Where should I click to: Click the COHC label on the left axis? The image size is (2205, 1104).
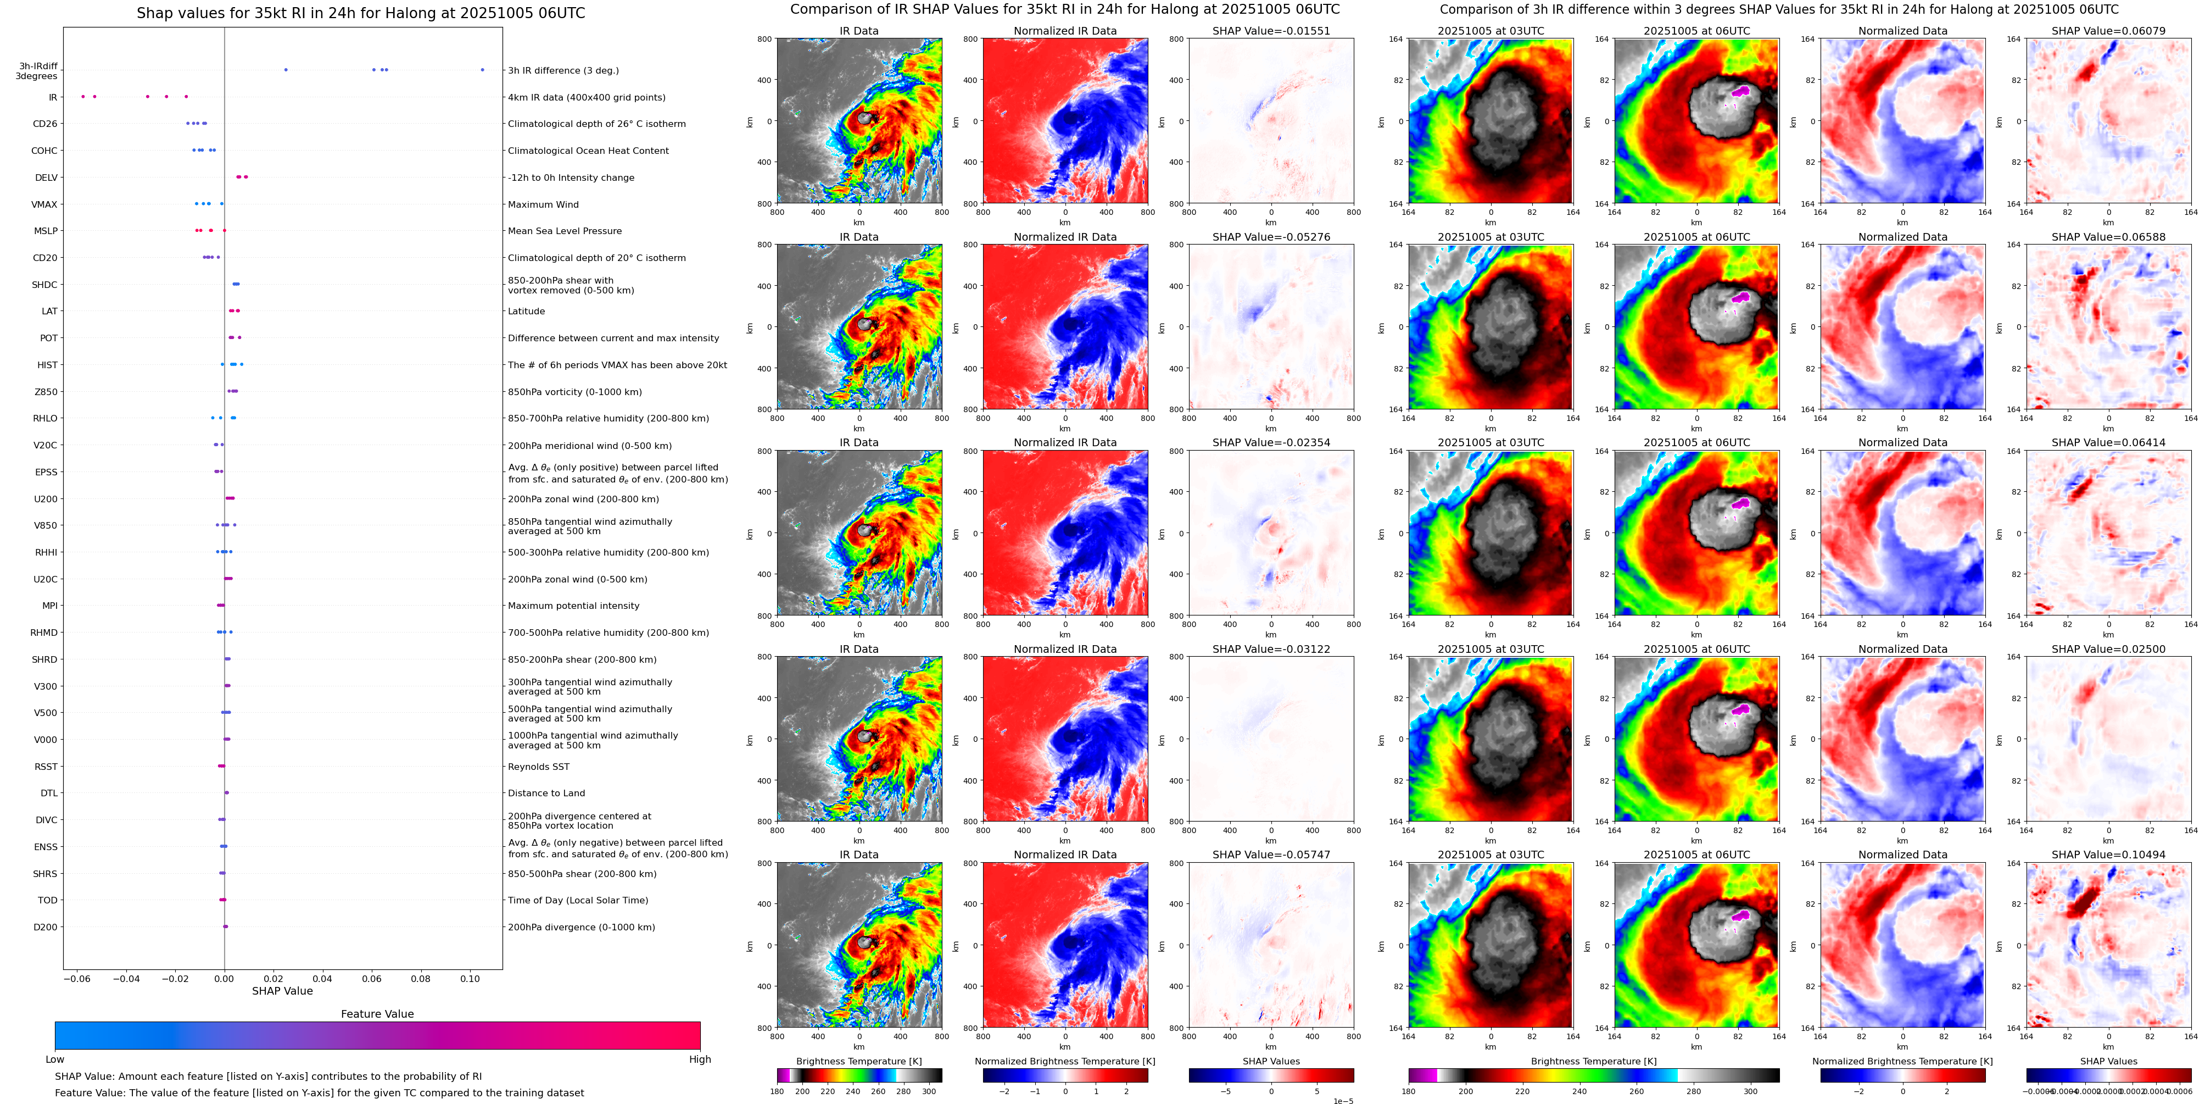click(x=44, y=151)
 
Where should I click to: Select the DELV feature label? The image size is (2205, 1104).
click(x=46, y=178)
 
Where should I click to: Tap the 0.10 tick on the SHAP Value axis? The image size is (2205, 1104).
click(x=470, y=978)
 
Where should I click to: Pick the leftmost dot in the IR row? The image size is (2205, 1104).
click(x=83, y=97)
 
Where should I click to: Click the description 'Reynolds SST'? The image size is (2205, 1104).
click(x=538, y=767)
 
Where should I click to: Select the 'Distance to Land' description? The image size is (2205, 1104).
click(x=546, y=793)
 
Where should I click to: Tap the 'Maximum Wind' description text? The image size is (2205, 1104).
click(x=543, y=204)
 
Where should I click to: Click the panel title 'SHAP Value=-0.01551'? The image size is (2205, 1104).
click(x=1271, y=31)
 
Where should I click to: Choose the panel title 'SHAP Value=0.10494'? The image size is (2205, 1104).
click(x=2108, y=855)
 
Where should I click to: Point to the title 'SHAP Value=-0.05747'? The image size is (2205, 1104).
click(x=1271, y=855)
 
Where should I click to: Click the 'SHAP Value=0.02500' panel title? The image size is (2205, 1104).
click(x=2108, y=649)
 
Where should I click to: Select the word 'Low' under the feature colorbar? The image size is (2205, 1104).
click(x=55, y=1059)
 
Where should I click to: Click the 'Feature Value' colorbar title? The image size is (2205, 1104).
click(x=377, y=1014)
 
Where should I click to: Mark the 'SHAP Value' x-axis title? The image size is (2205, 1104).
click(x=282, y=991)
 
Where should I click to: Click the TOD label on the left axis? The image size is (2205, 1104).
click(x=47, y=900)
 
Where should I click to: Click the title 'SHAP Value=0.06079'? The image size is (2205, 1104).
click(x=2108, y=31)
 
